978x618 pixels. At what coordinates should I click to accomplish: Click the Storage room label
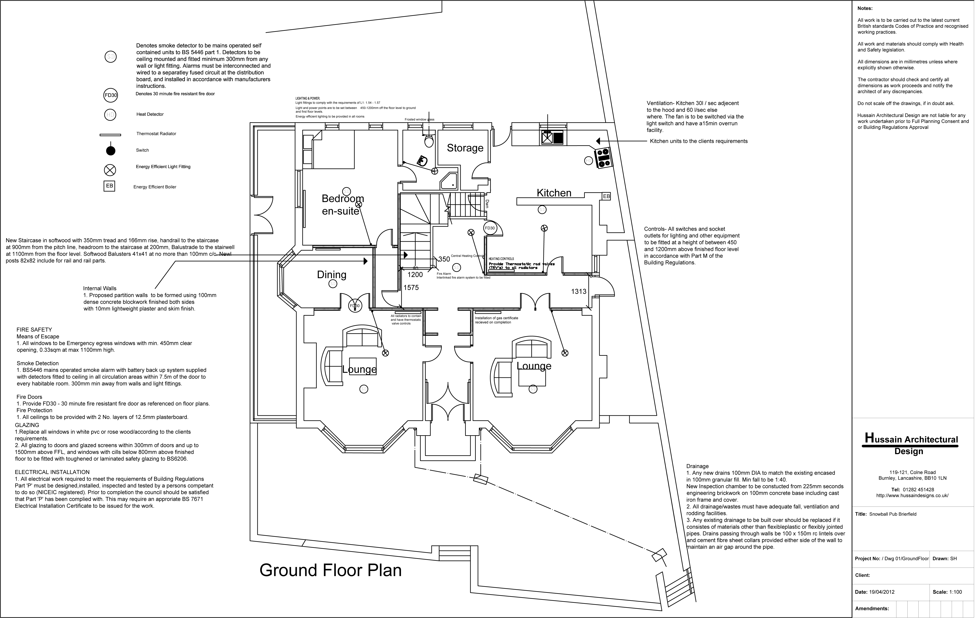(465, 148)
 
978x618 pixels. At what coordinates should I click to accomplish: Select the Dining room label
(332, 275)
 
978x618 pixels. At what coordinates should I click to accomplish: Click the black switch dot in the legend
(111, 151)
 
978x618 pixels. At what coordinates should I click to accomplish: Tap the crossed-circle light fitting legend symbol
(111, 170)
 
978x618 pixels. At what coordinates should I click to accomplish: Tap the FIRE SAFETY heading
(34, 330)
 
